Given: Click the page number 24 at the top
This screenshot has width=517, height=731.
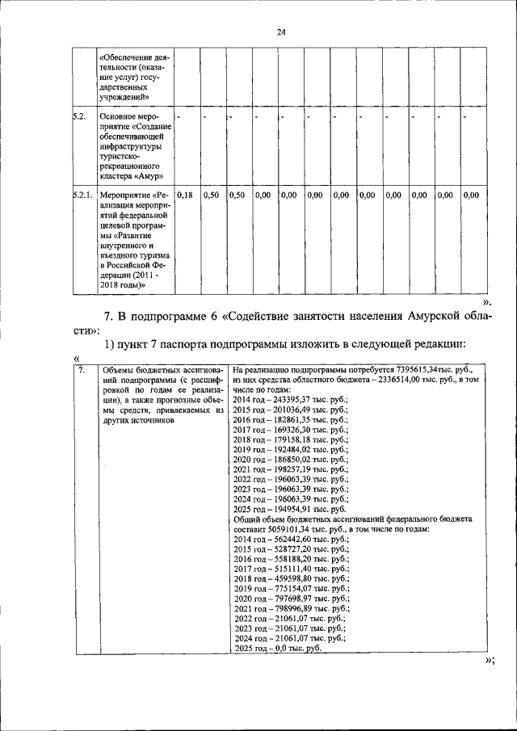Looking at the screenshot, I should (x=281, y=32).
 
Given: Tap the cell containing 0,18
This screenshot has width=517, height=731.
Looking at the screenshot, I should (x=185, y=195).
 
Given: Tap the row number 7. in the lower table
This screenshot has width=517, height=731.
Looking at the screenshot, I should (x=82, y=370).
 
